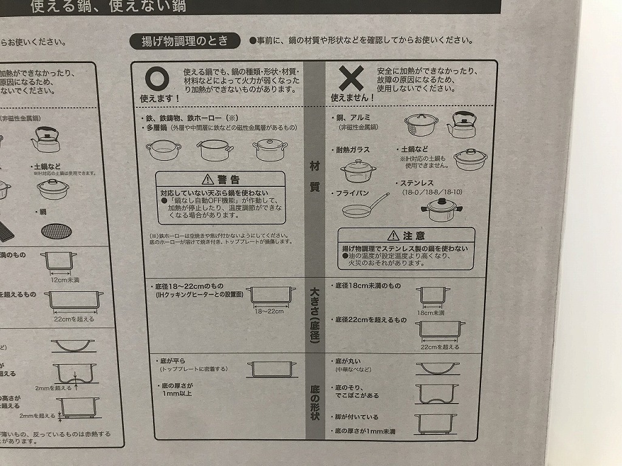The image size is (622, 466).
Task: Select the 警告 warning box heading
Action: (220, 180)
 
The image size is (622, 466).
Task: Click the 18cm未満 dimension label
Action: (430, 313)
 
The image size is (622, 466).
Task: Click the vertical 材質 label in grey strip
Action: (314, 176)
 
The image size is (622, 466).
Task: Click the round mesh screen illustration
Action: (53, 230)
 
